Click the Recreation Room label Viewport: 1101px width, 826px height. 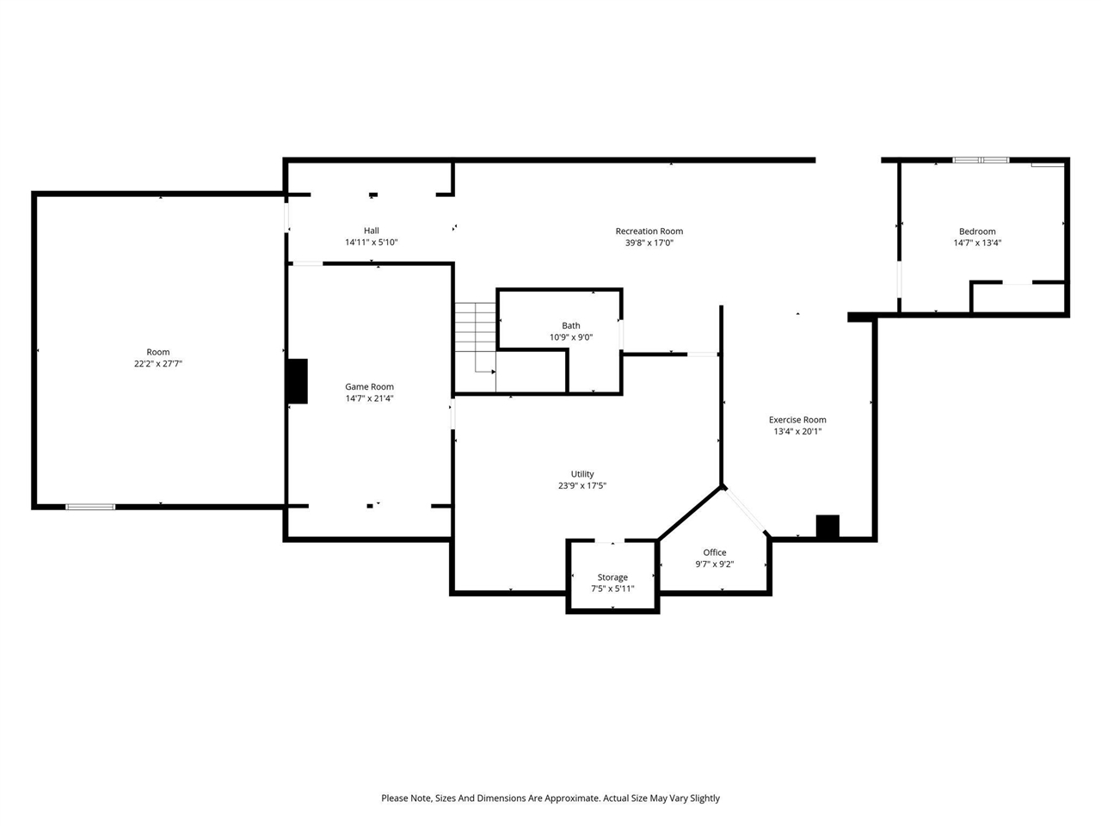(x=649, y=231)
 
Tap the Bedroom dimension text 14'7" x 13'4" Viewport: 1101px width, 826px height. (x=977, y=243)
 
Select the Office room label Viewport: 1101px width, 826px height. (x=714, y=552)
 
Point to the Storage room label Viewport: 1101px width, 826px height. (x=612, y=577)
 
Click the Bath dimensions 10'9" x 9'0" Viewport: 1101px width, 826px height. (x=571, y=337)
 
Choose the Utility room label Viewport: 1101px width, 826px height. (x=582, y=474)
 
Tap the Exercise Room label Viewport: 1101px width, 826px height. (x=797, y=420)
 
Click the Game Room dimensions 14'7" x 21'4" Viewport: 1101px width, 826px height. (x=369, y=398)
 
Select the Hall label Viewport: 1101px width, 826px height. (x=371, y=231)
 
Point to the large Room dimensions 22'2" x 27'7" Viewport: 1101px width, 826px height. (x=157, y=364)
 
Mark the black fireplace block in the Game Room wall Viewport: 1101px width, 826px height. (x=297, y=381)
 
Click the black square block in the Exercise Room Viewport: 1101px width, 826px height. (x=827, y=527)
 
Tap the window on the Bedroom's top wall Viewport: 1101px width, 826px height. (x=981, y=160)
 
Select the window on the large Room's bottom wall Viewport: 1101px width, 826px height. (x=90, y=507)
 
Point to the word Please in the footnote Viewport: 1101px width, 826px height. (x=396, y=798)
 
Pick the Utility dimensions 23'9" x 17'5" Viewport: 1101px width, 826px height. (x=582, y=486)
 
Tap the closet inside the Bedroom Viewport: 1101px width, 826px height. (x=1018, y=298)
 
